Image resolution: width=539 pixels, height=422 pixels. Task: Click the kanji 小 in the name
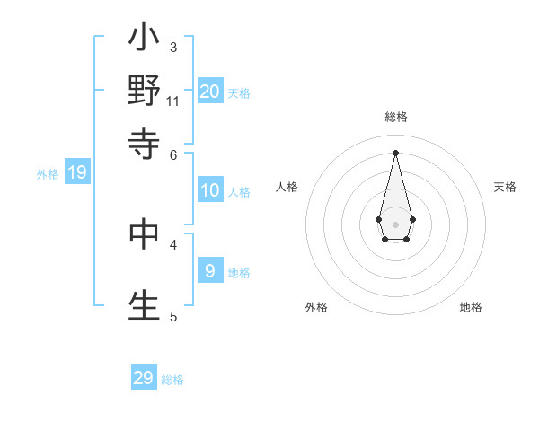[x=144, y=40]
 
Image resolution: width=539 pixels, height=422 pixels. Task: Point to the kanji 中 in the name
[x=144, y=233]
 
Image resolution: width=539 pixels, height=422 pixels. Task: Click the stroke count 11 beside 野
[x=173, y=101]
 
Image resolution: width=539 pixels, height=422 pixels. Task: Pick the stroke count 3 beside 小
[x=173, y=47]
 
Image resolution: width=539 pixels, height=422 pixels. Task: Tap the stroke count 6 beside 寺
[x=173, y=154]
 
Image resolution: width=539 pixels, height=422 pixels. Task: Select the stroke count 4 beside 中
[x=173, y=243]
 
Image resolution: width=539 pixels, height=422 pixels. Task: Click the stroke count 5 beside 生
[x=173, y=316]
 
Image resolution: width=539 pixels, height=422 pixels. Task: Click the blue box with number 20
[x=210, y=91]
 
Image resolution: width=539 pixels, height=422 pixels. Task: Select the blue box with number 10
[x=210, y=190]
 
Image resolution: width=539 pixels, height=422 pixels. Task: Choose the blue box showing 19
[x=77, y=172]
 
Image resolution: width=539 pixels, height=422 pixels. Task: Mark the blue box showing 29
[x=144, y=378]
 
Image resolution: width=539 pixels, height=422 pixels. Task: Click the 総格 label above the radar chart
[x=396, y=118]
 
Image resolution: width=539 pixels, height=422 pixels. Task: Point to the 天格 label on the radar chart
[x=505, y=187]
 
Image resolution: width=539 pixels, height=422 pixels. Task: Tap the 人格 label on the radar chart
[x=287, y=187]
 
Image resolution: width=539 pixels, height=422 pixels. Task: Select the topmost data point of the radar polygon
[x=396, y=152]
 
